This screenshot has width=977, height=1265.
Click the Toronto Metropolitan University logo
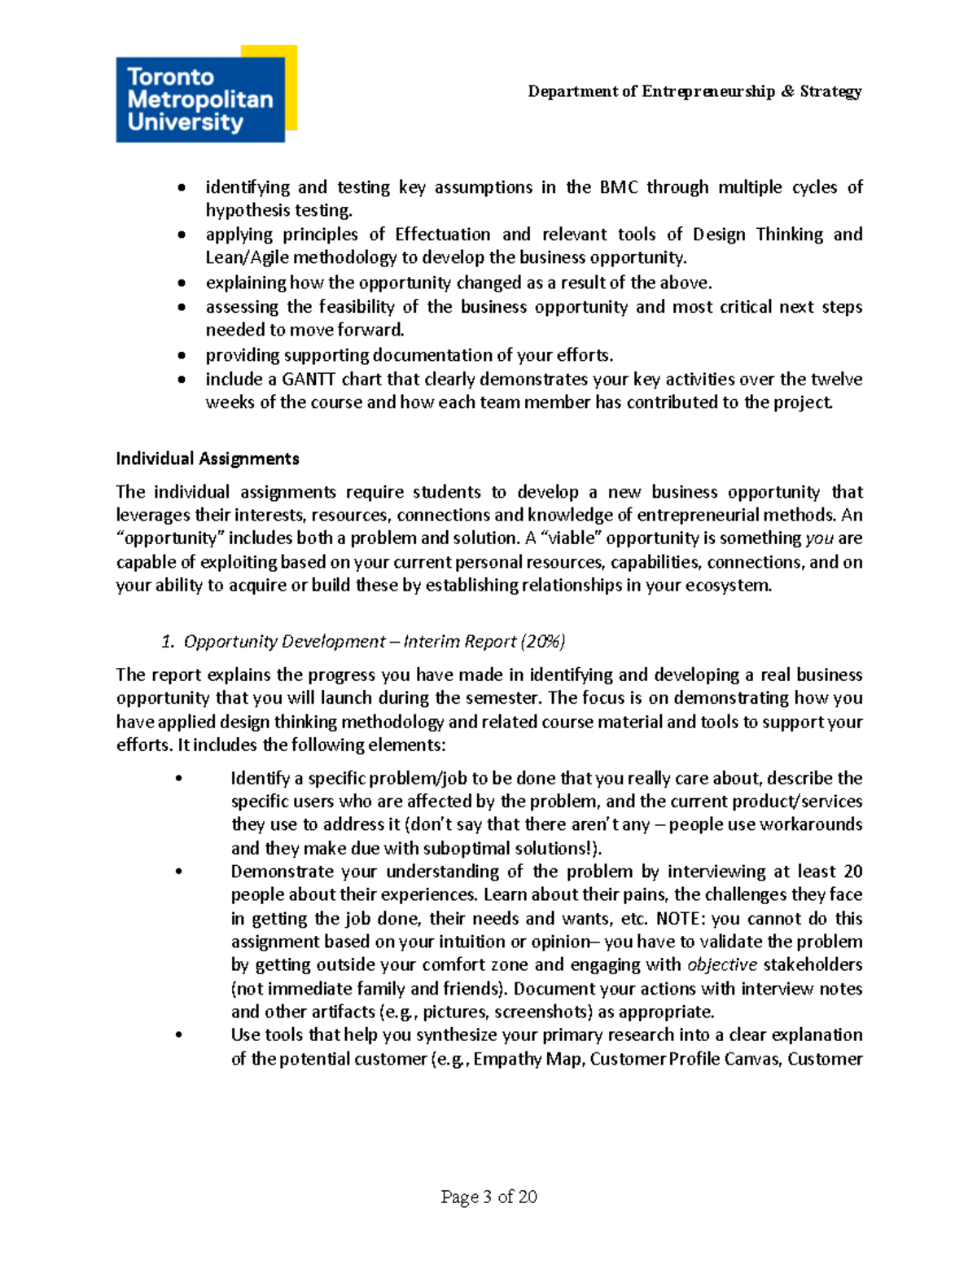point(200,99)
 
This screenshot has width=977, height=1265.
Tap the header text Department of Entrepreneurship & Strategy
point(694,91)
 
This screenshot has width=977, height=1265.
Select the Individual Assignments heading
point(208,459)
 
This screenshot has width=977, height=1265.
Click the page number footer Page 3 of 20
point(488,1197)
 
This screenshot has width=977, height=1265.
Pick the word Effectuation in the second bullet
point(442,235)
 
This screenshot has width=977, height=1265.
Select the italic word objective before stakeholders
point(722,965)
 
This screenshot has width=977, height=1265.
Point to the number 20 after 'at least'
point(852,872)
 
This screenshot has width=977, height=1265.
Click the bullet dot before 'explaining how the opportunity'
point(182,283)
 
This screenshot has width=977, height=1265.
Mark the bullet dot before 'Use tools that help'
point(178,1035)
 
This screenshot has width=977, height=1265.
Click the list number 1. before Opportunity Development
point(168,642)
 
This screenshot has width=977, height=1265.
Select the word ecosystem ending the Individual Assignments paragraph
point(729,586)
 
